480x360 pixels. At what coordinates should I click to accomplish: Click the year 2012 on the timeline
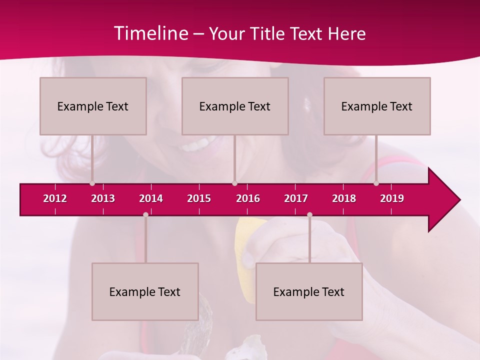[x=55, y=198]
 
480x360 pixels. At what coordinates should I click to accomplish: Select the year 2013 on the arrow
[x=103, y=198]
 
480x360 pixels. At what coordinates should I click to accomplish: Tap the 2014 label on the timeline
[x=151, y=198]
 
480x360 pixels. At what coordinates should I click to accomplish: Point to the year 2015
[x=199, y=198]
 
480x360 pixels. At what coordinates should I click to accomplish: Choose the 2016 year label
[x=248, y=198]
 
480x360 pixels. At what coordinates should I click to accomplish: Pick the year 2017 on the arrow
[x=296, y=198]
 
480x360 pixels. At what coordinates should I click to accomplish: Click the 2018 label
[x=344, y=198]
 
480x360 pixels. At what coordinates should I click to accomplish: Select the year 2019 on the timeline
[x=392, y=198]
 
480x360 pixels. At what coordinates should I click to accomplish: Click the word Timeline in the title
[x=150, y=33]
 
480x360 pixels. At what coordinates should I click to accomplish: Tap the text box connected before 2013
[x=93, y=106]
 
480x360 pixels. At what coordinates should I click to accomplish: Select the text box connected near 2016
[x=235, y=106]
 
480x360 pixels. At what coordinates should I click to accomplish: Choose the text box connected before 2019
[x=377, y=106]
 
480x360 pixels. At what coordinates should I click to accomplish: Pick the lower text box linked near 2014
[x=145, y=291]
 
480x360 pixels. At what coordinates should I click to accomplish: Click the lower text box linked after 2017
[x=309, y=291]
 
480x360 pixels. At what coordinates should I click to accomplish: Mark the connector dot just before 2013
[x=92, y=183]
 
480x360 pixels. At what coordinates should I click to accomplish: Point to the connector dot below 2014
[x=145, y=214]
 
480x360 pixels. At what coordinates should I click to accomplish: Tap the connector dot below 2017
[x=309, y=214]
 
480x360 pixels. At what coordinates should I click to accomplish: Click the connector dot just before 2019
[x=376, y=183]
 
